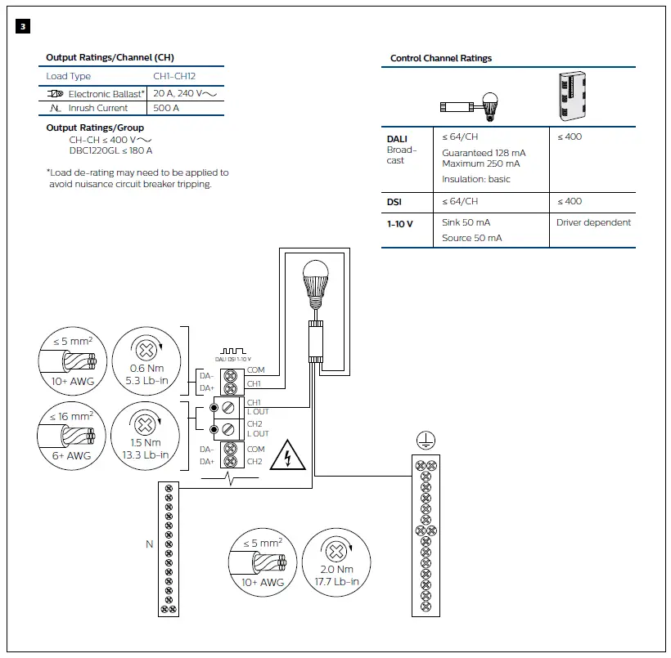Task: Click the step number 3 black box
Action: pyautogui.click(x=23, y=27)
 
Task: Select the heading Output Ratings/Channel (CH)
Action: pyautogui.click(x=110, y=57)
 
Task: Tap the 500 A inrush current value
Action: pyautogui.click(x=166, y=108)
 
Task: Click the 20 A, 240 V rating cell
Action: pyautogui.click(x=185, y=93)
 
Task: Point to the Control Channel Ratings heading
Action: pyautogui.click(x=441, y=58)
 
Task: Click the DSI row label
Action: pyautogui.click(x=395, y=201)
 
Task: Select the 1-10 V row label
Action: pyautogui.click(x=400, y=222)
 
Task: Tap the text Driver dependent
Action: pyautogui.click(x=593, y=222)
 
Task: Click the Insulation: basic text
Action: pyautogui.click(x=475, y=179)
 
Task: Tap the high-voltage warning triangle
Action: pyautogui.click(x=287, y=456)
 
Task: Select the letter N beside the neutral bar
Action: pyautogui.click(x=150, y=543)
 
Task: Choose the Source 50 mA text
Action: pyautogui.click(x=471, y=238)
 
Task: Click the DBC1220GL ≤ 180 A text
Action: pyautogui.click(x=110, y=150)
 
